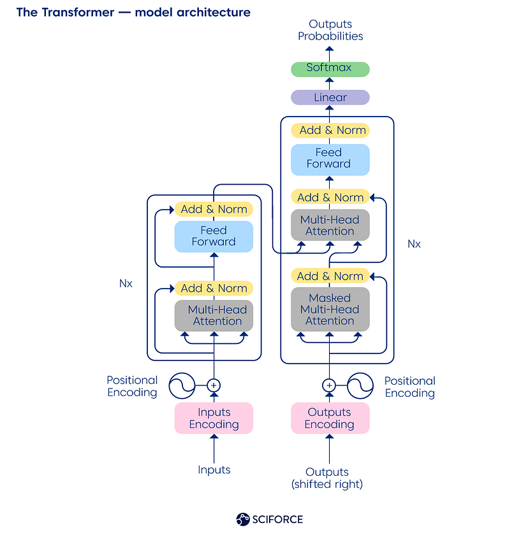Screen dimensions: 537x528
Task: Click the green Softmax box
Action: [330, 68]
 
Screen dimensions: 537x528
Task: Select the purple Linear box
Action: [330, 97]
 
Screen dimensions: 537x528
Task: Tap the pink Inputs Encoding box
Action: [214, 419]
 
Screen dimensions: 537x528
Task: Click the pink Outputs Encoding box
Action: [330, 419]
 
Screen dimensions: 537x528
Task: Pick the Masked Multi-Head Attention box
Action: [330, 310]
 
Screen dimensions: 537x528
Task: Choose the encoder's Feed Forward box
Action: [214, 236]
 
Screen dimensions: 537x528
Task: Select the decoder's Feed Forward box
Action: [330, 159]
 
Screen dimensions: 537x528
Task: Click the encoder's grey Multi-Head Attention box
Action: [214, 315]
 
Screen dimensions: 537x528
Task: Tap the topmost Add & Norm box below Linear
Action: [330, 130]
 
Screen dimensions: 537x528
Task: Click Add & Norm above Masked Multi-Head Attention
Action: [330, 276]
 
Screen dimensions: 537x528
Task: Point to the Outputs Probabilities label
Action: [330, 31]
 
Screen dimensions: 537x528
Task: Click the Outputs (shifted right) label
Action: [327, 478]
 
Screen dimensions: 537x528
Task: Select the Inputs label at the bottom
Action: [214, 470]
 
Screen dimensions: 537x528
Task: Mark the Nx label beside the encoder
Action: [126, 283]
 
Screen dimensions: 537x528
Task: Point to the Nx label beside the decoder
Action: [414, 244]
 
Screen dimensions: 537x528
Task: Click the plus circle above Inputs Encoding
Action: [214, 385]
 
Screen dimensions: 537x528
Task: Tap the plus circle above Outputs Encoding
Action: [329, 385]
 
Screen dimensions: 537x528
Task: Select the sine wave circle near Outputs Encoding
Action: [359, 385]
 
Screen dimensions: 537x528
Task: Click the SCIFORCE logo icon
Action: [242, 519]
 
